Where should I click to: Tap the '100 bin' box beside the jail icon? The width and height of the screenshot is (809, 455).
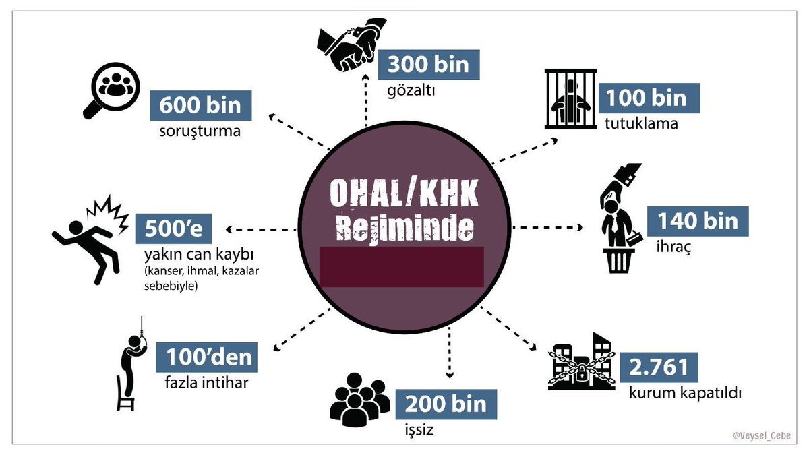pos(651,98)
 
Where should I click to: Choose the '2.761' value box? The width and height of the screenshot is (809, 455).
pos(659,367)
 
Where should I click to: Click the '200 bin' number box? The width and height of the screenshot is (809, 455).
pos(446,404)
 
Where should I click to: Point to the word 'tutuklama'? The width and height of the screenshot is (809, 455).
pos(639,123)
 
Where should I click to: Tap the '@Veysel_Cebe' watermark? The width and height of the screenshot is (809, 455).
pos(762,435)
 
